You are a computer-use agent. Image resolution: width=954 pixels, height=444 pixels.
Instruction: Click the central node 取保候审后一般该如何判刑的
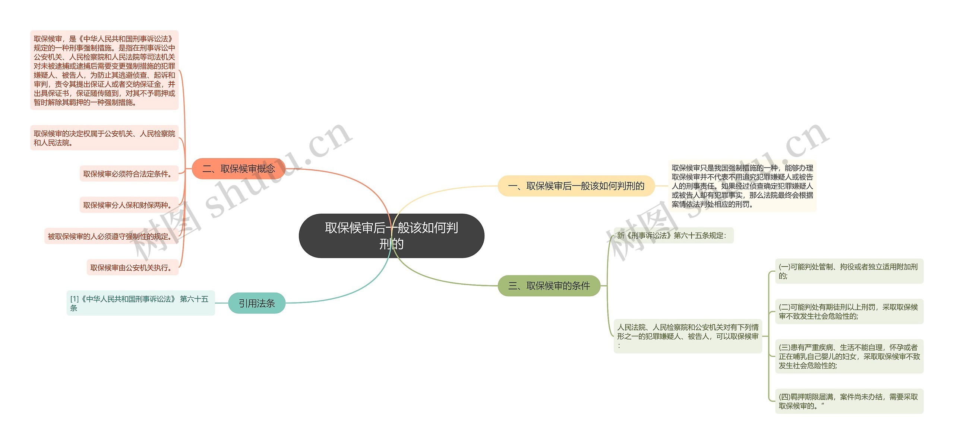point(391,236)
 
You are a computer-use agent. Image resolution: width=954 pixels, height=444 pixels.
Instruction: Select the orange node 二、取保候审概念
point(238,169)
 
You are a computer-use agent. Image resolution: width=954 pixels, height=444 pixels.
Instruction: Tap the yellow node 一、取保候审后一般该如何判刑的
point(576,186)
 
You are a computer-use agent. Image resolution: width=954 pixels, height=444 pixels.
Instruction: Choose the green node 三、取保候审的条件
point(549,286)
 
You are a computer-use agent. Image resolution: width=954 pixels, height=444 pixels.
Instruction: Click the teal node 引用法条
point(257,303)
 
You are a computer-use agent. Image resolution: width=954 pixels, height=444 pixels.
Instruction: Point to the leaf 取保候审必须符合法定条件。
point(129,174)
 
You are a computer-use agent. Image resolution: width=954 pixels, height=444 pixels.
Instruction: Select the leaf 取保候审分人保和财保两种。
point(129,205)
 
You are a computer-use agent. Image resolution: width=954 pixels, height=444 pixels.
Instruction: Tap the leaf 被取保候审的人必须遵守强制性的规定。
point(111,236)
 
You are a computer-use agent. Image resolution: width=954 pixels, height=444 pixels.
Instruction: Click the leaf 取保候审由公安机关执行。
point(133,268)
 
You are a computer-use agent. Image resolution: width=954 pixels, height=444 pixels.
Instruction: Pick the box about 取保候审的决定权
point(104,138)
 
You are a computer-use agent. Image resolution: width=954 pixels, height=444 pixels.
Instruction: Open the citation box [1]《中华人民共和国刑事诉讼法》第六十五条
point(140,303)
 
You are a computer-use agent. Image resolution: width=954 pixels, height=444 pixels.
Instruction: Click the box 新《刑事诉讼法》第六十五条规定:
point(673,236)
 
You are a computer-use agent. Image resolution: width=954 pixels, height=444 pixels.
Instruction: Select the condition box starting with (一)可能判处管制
point(849,271)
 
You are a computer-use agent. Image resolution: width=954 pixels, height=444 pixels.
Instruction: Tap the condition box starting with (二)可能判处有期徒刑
point(849,312)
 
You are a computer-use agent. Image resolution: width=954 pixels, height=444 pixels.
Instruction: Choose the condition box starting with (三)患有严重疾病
point(849,357)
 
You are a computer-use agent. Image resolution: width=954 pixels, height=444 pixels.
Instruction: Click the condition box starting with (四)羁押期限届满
point(849,402)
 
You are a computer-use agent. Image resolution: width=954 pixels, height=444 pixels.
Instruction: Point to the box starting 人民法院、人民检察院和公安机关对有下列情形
point(688,336)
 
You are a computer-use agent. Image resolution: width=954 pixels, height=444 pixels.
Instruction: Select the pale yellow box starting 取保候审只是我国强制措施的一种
point(742,186)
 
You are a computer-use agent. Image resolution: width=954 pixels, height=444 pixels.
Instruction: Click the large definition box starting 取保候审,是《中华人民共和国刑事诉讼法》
point(104,70)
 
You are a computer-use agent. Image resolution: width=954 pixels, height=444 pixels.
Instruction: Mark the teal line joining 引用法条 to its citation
point(222,303)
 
